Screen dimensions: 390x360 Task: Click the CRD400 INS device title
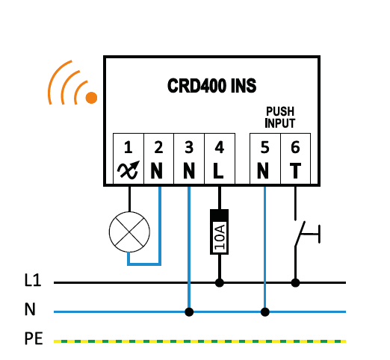click(x=211, y=86)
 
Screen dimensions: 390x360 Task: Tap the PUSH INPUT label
click(x=280, y=117)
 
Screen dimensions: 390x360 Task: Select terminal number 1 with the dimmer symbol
click(x=129, y=158)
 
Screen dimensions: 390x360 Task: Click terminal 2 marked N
click(x=158, y=158)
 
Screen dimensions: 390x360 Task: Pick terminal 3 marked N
click(x=189, y=158)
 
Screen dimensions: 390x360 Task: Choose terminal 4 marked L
click(x=220, y=158)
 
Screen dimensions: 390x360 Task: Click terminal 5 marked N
click(x=265, y=158)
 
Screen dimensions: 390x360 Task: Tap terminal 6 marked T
click(x=295, y=158)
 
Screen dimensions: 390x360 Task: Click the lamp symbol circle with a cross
click(x=129, y=232)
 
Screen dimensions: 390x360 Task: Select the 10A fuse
click(x=220, y=232)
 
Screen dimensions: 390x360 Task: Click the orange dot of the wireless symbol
click(x=91, y=98)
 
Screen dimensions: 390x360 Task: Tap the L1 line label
click(x=33, y=280)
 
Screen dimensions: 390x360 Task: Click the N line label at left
click(x=30, y=309)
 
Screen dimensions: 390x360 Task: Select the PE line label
click(x=34, y=338)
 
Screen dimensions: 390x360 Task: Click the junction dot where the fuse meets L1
click(x=220, y=283)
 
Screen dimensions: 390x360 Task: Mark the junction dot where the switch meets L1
click(x=295, y=283)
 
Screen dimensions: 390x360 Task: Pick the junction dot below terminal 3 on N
click(x=189, y=311)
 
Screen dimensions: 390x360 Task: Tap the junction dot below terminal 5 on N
click(x=265, y=311)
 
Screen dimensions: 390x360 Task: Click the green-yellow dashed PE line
click(x=199, y=341)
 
